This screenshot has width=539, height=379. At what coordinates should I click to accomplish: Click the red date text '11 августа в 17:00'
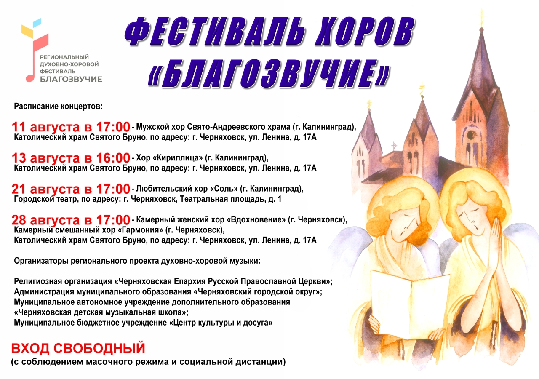pos(71,127)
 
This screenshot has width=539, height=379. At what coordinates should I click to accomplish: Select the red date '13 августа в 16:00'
pos(71,158)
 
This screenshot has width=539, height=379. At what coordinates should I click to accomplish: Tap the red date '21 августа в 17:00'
pos(71,189)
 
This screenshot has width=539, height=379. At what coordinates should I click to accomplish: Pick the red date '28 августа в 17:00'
pos(71,220)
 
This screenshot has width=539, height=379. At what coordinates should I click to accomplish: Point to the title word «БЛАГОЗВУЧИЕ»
pos(269,73)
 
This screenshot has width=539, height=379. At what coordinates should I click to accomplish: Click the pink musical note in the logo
pos(36,58)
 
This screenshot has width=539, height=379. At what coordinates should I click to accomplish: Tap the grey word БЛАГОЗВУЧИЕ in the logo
pos(71,79)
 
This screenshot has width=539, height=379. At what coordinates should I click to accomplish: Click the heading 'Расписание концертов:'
pos(58,106)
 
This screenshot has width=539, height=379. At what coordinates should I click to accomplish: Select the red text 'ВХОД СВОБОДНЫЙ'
pos(78,348)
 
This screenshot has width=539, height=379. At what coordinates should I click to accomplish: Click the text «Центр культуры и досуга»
pos(221,323)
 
